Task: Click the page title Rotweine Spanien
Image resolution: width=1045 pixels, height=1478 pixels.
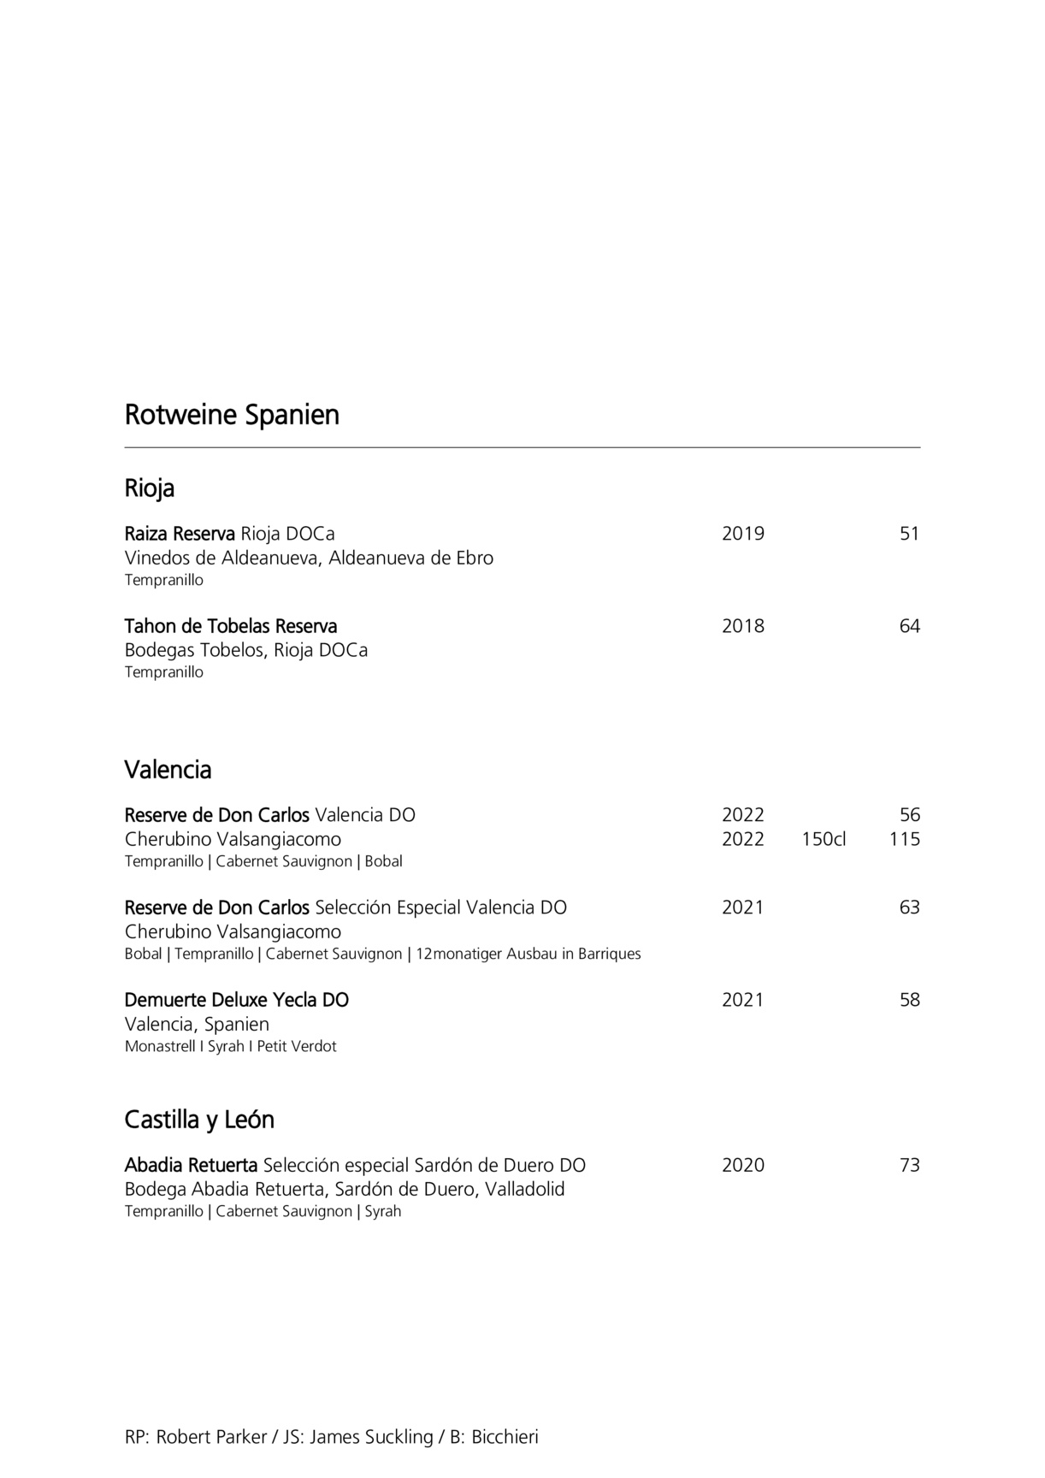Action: pos(232,415)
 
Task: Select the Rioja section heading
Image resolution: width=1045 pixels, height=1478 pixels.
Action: pos(150,488)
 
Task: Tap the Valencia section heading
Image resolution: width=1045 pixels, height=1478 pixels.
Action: pos(168,770)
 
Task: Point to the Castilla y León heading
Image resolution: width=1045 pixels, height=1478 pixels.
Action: pos(199,1120)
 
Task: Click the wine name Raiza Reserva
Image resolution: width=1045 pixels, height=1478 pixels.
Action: pos(180,534)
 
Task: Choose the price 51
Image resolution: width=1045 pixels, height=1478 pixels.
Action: pos(909,534)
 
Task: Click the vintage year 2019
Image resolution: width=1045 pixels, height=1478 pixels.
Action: pos(742,534)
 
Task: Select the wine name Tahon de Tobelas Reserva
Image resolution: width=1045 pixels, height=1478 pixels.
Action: pos(231,626)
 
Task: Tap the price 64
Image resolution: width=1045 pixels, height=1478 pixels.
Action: pos(909,626)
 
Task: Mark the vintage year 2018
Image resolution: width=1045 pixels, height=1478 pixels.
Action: pos(742,626)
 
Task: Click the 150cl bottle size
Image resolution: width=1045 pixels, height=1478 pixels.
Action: pos(824,839)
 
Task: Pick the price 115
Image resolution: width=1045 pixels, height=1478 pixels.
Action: pos(904,839)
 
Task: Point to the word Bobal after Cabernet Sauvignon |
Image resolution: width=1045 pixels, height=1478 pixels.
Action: pos(383,861)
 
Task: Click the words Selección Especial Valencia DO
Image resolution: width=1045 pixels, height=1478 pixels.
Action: pos(441,907)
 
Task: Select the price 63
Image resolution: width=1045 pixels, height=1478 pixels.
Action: pos(909,907)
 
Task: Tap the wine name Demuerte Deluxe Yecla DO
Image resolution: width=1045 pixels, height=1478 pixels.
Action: pos(237,1000)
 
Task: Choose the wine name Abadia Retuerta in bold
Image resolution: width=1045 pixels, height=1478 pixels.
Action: pos(191,1165)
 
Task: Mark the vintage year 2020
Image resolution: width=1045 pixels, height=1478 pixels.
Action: pos(742,1165)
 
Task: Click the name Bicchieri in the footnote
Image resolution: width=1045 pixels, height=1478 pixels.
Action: pos(505,1437)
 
